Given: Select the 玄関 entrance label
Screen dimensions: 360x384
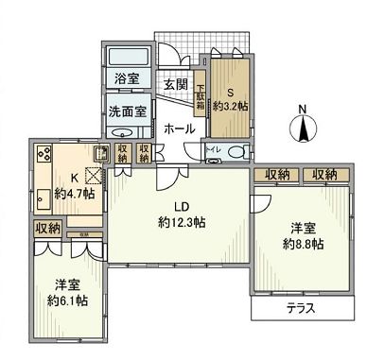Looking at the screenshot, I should click(176, 85).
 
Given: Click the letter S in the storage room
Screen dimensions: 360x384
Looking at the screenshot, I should click(231, 93).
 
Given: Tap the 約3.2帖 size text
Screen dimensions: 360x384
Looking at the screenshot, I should click(232, 108).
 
